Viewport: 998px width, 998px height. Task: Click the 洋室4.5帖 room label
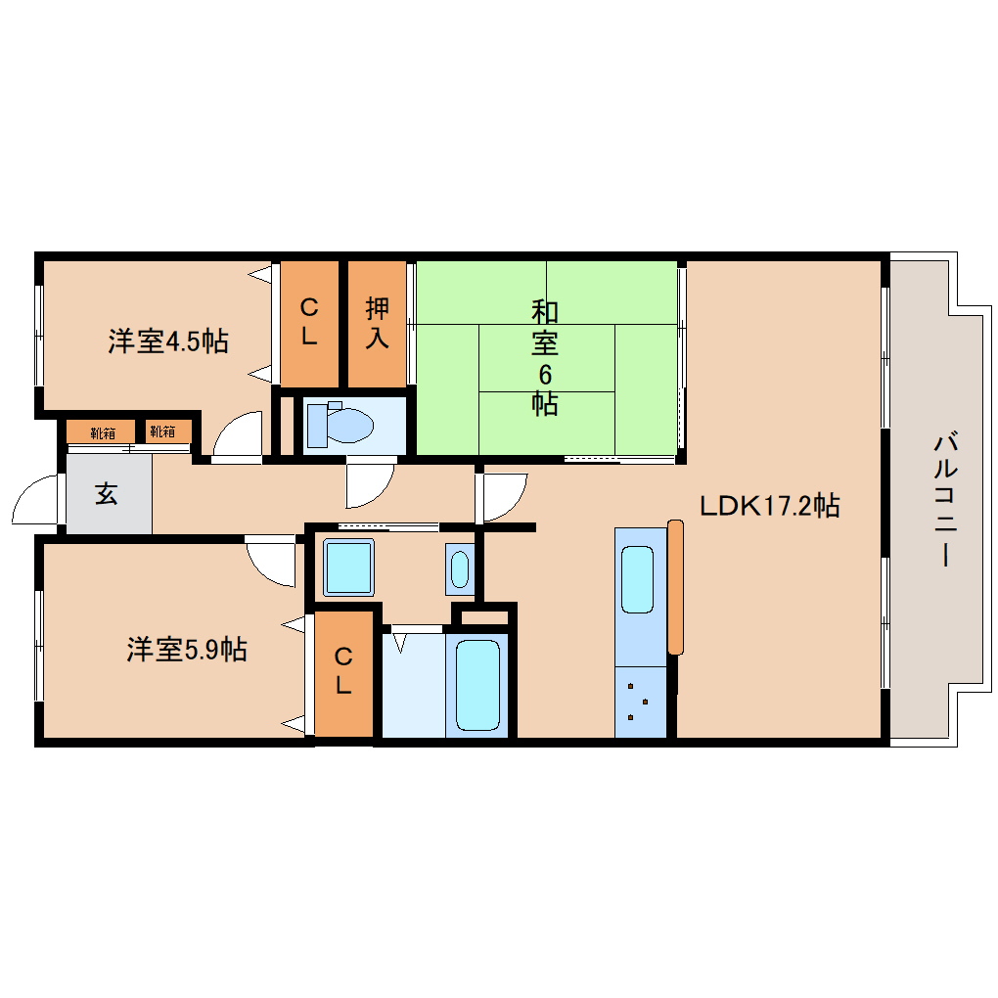(x=168, y=341)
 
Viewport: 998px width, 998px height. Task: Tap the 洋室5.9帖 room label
(x=186, y=649)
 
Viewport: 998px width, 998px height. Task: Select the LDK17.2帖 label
(x=769, y=506)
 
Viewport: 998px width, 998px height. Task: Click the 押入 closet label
(x=377, y=323)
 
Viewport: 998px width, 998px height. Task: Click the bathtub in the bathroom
(x=477, y=685)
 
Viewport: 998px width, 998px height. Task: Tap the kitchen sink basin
(x=637, y=578)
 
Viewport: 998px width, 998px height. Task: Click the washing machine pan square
(x=348, y=567)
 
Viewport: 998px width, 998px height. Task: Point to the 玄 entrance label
(x=106, y=495)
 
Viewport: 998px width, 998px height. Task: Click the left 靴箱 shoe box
(x=101, y=431)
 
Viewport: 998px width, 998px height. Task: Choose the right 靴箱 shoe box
(x=162, y=431)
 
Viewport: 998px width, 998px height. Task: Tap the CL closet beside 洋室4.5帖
(x=309, y=323)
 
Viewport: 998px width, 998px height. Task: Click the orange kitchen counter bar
(x=675, y=587)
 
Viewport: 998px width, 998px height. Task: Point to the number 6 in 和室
(x=545, y=373)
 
